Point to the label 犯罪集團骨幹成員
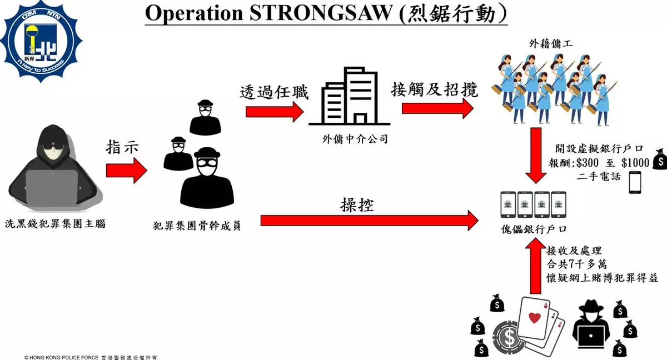[x=197, y=226]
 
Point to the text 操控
[x=357, y=205]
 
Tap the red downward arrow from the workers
[x=536, y=156]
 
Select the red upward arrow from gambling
[x=535, y=266]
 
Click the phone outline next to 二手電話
[x=635, y=183]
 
